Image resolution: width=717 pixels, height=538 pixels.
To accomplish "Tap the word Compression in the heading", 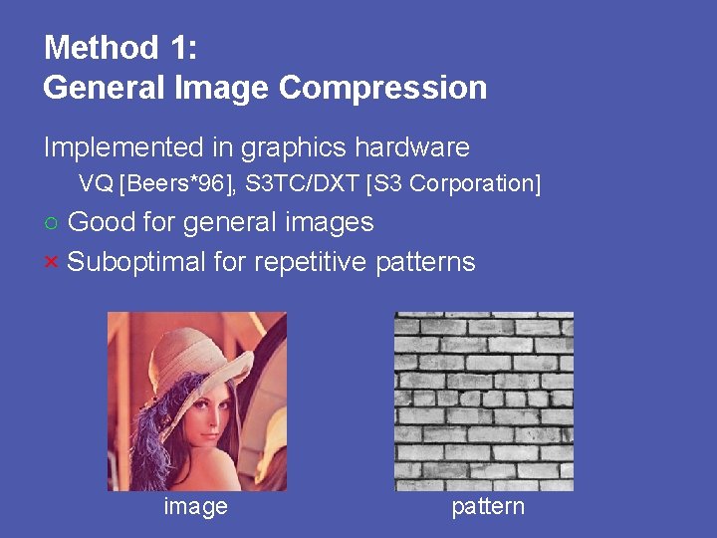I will pyautogui.click(x=382, y=88).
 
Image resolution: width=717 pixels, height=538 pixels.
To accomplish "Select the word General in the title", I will pyautogui.click(x=104, y=88).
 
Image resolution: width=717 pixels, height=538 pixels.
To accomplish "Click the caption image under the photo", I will pyautogui.click(x=195, y=507).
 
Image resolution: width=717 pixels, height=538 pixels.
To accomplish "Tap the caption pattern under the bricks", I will pyautogui.click(x=487, y=507).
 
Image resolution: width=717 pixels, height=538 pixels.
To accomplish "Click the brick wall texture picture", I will pyautogui.click(x=484, y=401).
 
